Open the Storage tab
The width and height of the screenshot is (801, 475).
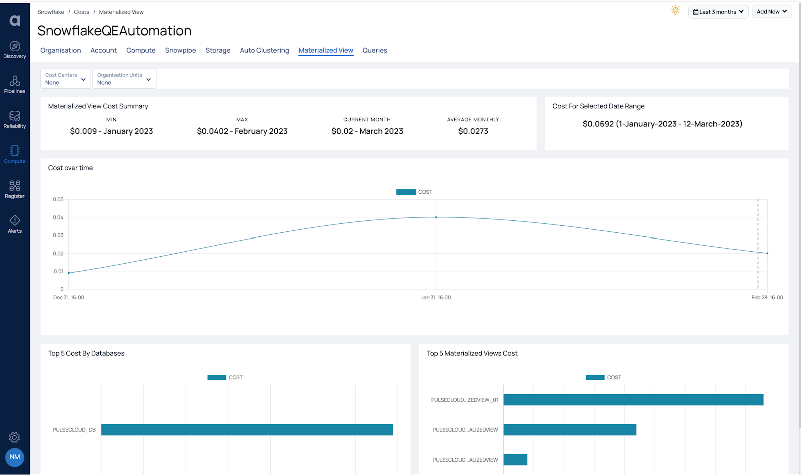pos(218,50)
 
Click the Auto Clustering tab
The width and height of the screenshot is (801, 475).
pos(264,50)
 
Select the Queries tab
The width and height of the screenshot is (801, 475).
pos(375,50)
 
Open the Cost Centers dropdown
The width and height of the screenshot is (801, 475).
pos(65,79)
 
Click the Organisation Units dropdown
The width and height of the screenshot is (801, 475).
pos(124,79)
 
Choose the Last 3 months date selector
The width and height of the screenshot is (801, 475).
pos(718,12)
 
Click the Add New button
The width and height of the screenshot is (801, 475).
pos(771,12)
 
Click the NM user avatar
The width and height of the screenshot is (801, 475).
pos(15,457)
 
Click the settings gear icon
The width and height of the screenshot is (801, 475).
pos(15,437)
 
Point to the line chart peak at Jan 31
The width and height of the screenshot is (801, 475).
pos(436,217)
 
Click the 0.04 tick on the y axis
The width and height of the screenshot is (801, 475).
pos(58,217)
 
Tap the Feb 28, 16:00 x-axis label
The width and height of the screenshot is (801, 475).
pos(767,298)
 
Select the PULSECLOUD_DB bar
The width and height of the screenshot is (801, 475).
pos(247,430)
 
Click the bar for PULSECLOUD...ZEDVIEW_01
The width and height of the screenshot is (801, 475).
pos(633,400)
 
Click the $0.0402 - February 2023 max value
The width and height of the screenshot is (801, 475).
pos(242,131)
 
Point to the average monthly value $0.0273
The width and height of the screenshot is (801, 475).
pos(473,131)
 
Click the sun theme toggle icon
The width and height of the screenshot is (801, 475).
pos(675,11)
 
